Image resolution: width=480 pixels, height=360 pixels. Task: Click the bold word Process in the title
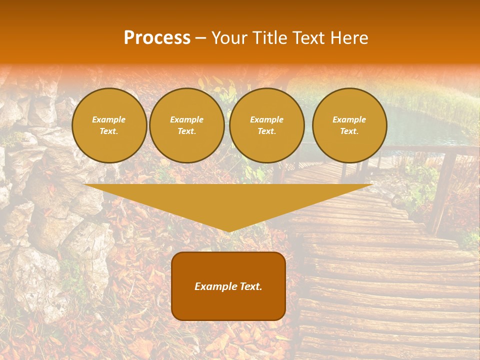(x=157, y=38)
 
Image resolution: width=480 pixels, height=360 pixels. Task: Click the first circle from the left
(x=109, y=125)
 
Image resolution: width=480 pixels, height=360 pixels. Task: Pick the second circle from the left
(x=187, y=125)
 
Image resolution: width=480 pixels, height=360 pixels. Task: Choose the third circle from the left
(x=267, y=125)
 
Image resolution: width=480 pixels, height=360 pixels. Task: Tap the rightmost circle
(x=349, y=125)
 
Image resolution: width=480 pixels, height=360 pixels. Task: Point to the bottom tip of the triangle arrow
(x=228, y=231)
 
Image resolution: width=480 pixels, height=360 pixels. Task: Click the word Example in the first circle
(x=109, y=119)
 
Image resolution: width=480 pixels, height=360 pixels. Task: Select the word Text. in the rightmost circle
(x=349, y=131)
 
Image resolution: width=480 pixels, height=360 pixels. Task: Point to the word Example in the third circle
(x=267, y=119)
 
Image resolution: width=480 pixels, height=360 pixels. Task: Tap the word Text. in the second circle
(x=187, y=131)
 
